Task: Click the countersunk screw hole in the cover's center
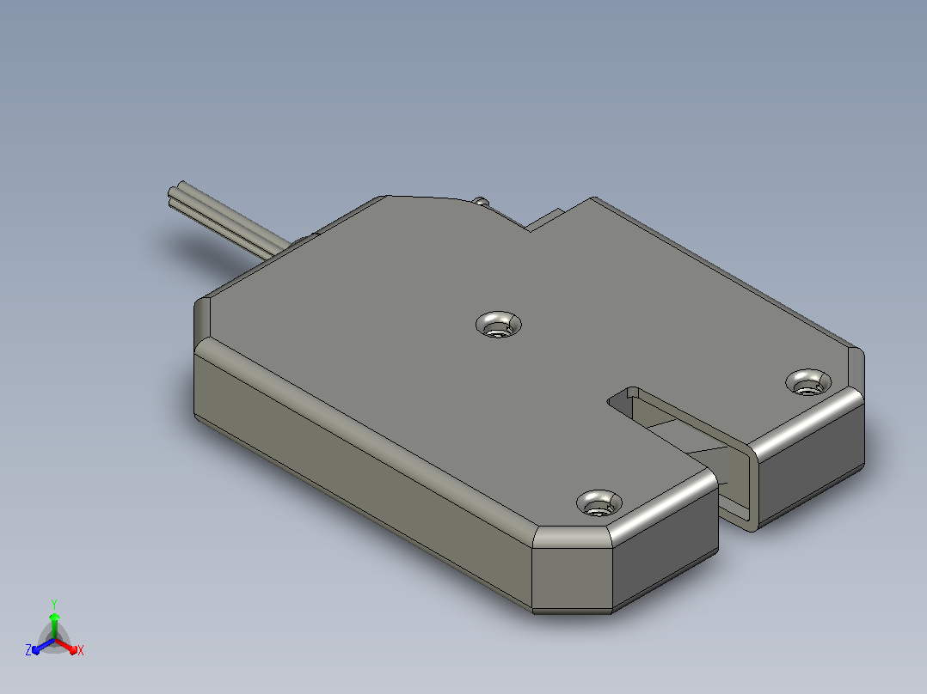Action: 499,325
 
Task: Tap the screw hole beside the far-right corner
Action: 808,382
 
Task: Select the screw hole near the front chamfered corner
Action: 599,502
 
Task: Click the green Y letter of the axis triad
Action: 54,605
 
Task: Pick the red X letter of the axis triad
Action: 81,650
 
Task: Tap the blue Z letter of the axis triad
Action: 28,650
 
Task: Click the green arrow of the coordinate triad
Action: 54,626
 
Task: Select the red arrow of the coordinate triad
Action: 66,645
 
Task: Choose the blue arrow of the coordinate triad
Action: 43,646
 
